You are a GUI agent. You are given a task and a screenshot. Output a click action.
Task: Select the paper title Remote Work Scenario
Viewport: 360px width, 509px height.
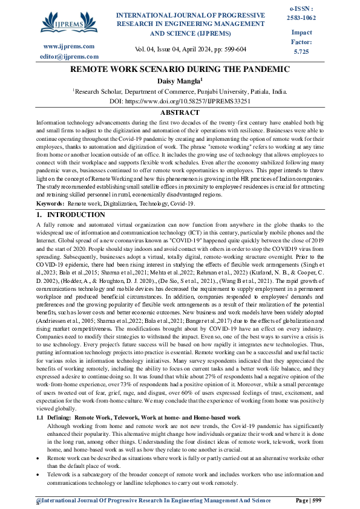(x=180, y=70)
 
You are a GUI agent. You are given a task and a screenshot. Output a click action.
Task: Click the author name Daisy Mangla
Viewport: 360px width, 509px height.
(x=180, y=81)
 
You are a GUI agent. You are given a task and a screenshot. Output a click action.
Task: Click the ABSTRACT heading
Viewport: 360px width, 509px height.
(x=180, y=113)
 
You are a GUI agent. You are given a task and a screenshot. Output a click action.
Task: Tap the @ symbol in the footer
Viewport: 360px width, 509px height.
(x=38, y=501)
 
